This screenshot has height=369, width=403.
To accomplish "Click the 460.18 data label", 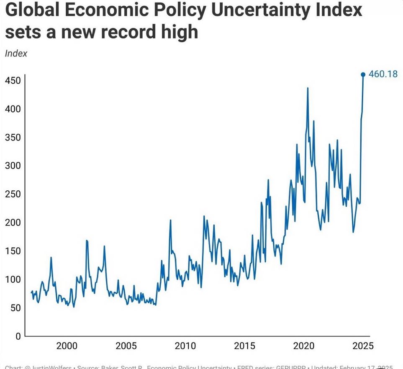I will click(383, 74).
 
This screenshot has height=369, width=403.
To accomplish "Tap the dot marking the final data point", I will click(363, 74).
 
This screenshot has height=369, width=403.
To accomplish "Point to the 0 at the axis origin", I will click(18, 336).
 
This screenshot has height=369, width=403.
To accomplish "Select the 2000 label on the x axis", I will click(67, 346).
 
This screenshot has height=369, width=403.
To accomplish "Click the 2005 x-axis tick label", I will click(126, 346).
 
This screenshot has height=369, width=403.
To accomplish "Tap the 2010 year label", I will click(185, 346).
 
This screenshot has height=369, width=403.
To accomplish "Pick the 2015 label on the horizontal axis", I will click(244, 346).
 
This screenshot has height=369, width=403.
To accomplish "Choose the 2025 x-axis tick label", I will click(362, 346).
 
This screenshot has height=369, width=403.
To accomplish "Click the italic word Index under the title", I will click(16, 54).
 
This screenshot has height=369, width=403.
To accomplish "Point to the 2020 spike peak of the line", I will click(308, 88).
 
